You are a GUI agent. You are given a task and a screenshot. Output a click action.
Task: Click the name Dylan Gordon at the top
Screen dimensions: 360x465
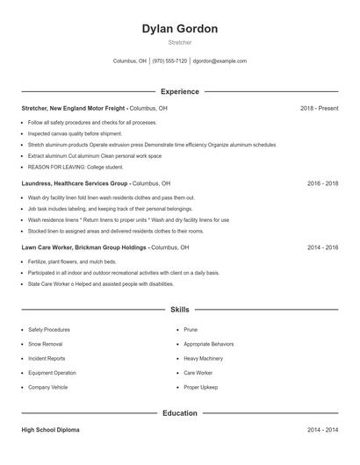(179, 29)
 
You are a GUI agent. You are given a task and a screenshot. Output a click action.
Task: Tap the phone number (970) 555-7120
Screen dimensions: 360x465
(169, 61)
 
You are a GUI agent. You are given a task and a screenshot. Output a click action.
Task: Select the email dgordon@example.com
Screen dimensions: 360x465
(220, 61)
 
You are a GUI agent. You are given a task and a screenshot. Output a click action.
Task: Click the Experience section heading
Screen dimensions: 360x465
(179, 91)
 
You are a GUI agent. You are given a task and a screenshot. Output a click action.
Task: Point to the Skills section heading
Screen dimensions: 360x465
(179, 310)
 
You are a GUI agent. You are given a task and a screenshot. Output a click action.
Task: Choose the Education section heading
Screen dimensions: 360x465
(179, 412)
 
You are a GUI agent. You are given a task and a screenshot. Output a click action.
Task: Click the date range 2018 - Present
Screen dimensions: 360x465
(319, 108)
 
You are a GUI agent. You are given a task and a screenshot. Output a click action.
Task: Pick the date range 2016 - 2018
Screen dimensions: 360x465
(322, 183)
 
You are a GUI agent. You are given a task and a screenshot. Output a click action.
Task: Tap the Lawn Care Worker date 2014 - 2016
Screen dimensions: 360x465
(322, 247)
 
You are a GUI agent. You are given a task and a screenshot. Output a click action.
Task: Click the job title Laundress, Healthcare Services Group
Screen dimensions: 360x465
(76, 183)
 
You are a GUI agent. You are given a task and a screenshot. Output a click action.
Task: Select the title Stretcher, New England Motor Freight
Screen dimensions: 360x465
(75, 108)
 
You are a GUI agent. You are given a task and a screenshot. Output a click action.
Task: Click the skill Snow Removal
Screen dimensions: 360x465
(45, 344)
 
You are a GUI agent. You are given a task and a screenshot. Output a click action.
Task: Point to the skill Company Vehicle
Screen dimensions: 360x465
(47, 387)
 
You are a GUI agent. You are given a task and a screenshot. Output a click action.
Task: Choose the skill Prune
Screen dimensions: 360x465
(191, 330)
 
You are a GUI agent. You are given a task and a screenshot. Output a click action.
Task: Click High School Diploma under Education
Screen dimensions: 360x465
(50, 430)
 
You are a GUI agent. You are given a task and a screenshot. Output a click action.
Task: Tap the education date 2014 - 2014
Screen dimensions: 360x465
(322, 430)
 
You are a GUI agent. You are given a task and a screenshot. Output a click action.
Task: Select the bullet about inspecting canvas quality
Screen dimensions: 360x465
(75, 133)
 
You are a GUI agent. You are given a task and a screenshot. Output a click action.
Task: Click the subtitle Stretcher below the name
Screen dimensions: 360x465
(179, 42)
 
